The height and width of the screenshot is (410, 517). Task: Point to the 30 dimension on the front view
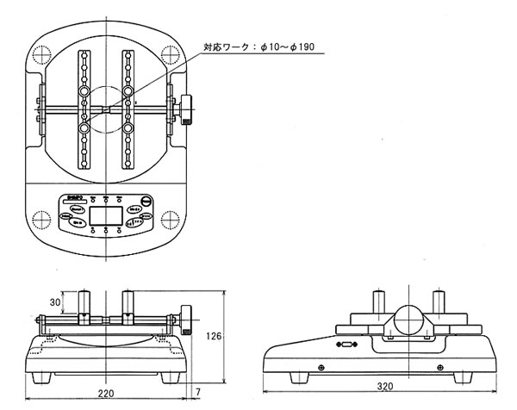(x=53, y=302)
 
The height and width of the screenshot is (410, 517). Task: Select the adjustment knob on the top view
(x=187, y=109)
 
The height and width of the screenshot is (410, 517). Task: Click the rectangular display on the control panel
(x=105, y=215)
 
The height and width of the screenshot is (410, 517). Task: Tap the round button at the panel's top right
(x=148, y=201)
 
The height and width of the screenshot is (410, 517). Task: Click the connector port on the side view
(x=346, y=345)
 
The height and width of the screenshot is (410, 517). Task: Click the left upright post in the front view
(x=84, y=304)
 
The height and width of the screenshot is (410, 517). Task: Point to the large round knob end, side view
(x=410, y=321)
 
